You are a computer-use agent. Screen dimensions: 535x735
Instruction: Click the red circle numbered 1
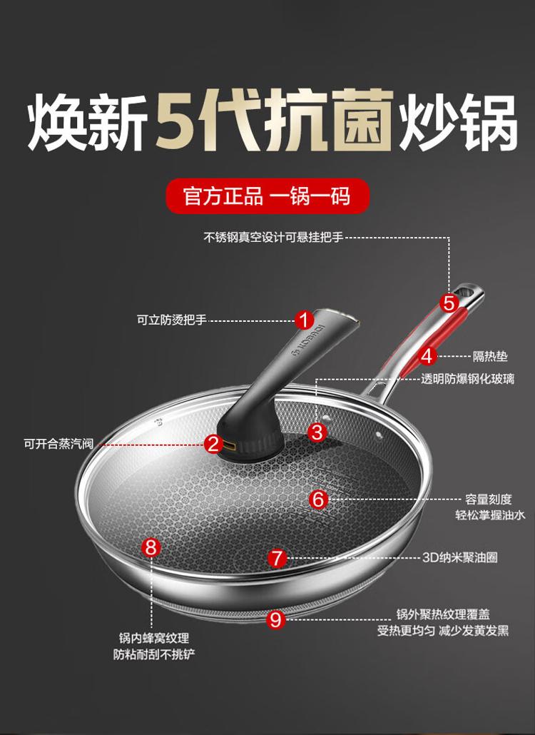coord(304,320)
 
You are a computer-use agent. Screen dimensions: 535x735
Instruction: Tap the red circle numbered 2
coord(213,443)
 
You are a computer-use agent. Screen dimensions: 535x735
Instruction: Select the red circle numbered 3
coord(317,432)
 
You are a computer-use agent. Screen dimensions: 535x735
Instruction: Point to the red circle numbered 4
coord(427,356)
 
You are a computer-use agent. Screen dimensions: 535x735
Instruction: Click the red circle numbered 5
coord(449,303)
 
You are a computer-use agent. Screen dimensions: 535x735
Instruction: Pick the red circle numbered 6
coord(318,500)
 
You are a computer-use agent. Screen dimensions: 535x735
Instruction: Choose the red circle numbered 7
coord(277,558)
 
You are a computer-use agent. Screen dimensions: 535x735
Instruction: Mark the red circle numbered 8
coord(151,547)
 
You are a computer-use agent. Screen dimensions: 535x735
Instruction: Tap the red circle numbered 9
coord(275,619)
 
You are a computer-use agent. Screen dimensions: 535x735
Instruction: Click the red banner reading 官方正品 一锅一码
coord(268,196)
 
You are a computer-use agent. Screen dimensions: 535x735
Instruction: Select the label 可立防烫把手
coord(171,320)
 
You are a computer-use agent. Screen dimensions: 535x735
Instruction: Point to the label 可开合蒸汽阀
coord(58,443)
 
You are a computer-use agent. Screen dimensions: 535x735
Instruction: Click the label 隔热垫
coord(490,357)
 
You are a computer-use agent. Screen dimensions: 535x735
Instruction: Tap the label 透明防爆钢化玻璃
coord(467,379)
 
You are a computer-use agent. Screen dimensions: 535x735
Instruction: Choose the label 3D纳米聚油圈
coord(459,557)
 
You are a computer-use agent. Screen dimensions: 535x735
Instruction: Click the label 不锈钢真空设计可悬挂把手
coord(273,237)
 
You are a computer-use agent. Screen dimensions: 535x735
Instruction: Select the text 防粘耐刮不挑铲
coord(154,654)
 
